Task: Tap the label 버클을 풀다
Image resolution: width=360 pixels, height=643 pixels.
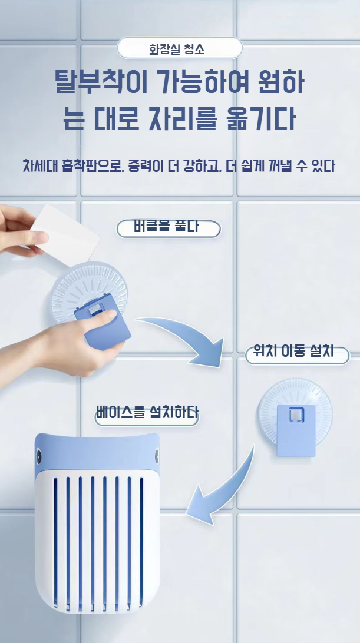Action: tap(166, 227)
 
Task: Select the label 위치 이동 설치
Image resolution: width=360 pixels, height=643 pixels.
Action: tap(293, 352)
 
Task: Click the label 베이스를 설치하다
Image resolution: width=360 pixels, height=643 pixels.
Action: tap(147, 412)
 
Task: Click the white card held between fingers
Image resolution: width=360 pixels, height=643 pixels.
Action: tap(65, 234)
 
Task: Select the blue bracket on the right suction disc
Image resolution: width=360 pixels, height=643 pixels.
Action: tap(296, 430)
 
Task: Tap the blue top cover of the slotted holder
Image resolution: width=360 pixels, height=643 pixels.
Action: tap(97, 453)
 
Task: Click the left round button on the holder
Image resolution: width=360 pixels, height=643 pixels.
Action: tap(39, 456)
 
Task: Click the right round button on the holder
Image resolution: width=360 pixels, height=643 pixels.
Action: tap(156, 456)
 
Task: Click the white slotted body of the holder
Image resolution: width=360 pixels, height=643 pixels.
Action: tap(97, 541)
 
